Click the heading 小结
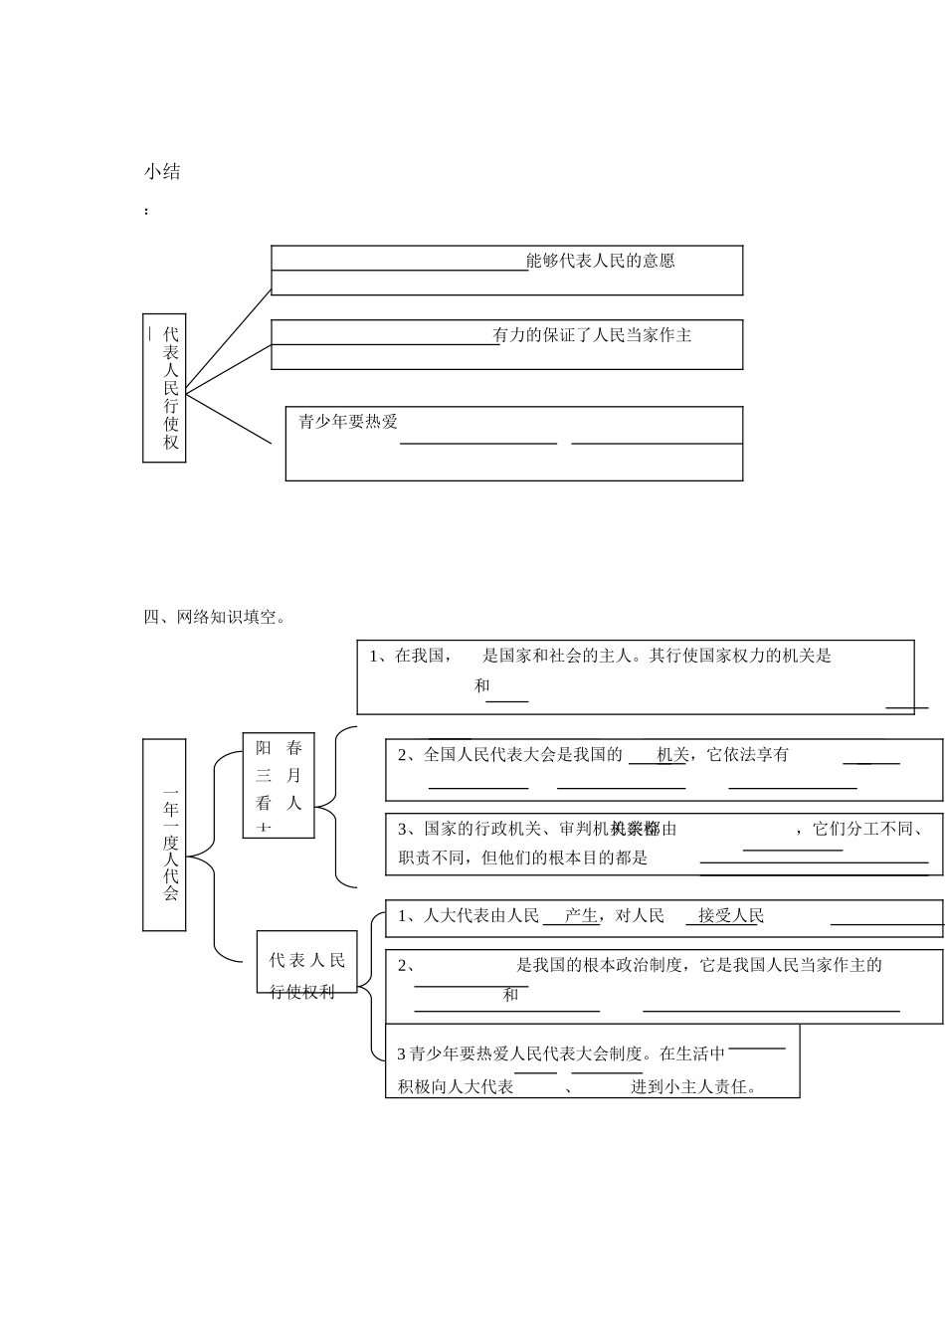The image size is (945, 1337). pyautogui.click(x=162, y=172)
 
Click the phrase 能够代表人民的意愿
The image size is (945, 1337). pyautogui.click(x=601, y=261)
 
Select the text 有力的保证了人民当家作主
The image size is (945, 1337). pyautogui.click(x=593, y=335)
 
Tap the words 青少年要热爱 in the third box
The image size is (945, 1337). pyautogui.click(x=348, y=422)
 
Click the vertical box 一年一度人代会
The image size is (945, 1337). pyautogui.click(x=166, y=836)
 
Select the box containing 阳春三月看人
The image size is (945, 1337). pyautogui.click(x=279, y=784)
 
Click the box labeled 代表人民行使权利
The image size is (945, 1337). pyautogui.click(x=306, y=976)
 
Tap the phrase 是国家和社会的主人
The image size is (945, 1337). pyautogui.click(x=557, y=656)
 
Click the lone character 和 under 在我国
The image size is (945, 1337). pyautogui.click(x=482, y=685)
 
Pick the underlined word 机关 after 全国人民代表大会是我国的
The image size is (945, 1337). pyautogui.click(x=671, y=755)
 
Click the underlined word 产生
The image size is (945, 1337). pyautogui.click(x=581, y=916)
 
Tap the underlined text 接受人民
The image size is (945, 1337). pyautogui.click(x=731, y=916)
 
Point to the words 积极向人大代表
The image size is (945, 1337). pyautogui.click(x=456, y=1086)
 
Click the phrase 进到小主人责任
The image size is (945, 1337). pyautogui.click(x=693, y=1086)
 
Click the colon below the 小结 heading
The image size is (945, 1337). pyautogui.click(x=147, y=211)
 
